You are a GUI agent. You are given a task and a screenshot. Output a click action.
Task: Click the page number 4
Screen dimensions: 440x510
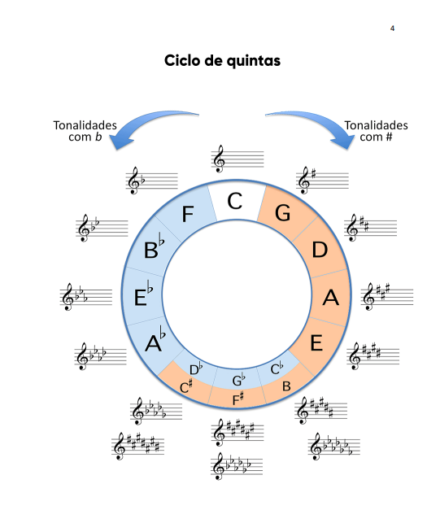coord(392,28)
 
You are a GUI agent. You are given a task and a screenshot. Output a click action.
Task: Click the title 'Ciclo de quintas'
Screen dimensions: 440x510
coord(222,60)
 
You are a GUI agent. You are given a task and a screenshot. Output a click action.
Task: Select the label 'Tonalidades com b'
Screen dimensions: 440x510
coord(85,131)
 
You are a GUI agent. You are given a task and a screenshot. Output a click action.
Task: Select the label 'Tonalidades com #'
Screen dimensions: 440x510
coord(376,131)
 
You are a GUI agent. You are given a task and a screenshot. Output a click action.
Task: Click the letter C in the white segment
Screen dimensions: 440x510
coord(235,201)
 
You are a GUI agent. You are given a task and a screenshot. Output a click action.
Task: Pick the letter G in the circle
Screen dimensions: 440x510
coord(282,213)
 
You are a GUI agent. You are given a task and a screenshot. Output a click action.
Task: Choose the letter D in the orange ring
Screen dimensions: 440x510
coord(320,250)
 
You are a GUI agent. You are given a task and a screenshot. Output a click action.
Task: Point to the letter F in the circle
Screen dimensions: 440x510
coord(188,214)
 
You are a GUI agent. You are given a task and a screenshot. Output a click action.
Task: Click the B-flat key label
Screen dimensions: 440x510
coord(154,246)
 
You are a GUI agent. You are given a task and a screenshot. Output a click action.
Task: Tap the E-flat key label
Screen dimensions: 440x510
coord(143,294)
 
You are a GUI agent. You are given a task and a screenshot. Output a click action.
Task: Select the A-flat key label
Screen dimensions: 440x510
coord(155,339)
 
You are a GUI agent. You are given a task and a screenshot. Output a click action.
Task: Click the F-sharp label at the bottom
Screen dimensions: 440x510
coord(238,399)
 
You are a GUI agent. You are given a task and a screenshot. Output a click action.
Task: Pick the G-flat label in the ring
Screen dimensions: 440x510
coord(238,380)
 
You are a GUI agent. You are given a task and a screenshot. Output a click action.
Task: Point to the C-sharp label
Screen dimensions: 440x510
coord(186,386)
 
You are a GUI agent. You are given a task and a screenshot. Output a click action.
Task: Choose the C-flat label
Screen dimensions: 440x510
coord(277,368)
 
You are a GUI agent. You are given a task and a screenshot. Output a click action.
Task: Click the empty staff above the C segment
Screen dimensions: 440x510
coord(237,159)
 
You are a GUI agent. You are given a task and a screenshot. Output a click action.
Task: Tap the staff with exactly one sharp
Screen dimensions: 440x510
coord(322,181)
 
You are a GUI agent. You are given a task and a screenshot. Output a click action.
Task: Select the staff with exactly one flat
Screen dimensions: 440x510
coord(151,181)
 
